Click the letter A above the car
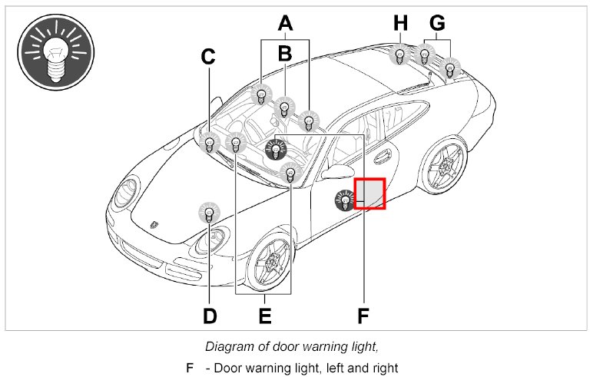point(285,24)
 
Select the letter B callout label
point(285,54)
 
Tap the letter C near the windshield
point(208,57)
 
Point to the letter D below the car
point(209,316)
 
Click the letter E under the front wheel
point(265,316)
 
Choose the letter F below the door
point(363,316)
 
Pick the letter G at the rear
point(437,23)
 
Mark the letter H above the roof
point(400,24)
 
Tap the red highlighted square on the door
point(369,193)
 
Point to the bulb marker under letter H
point(400,56)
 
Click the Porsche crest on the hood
point(156,225)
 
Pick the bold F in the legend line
point(190,367)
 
